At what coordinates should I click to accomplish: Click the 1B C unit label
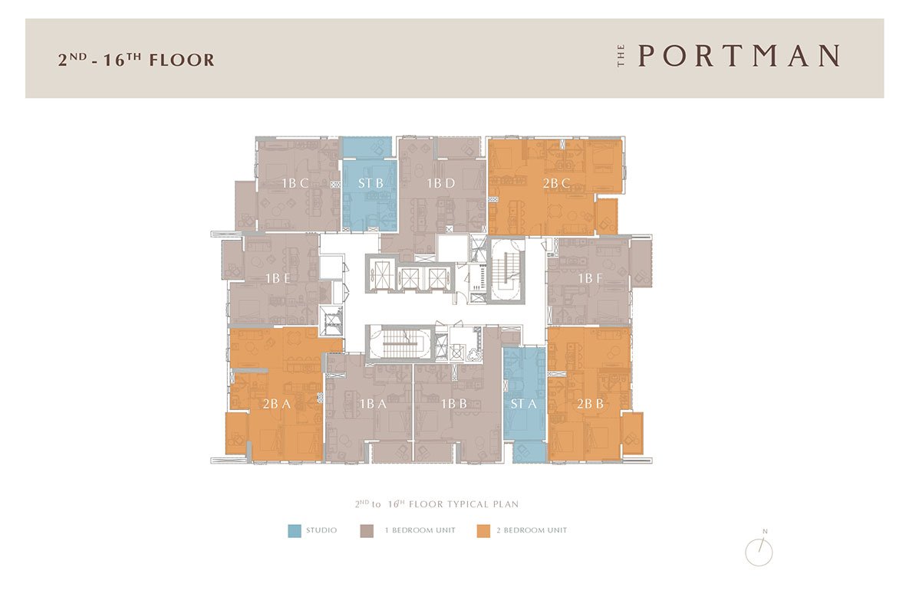(x=295, y=184)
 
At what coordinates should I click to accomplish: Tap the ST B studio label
(x=371, y=184)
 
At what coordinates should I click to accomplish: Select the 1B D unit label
(x=441, y=184)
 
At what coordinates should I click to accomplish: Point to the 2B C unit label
(x=556, y=184)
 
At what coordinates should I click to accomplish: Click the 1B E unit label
(x=278, y=278)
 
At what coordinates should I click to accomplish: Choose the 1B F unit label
(x=591, y=278)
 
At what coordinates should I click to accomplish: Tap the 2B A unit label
(x=277, y=404)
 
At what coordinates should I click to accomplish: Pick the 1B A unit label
(x=374, y=404)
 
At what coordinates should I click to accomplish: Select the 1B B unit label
(x=453, y=404)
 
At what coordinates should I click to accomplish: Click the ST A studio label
(x=523, y=404)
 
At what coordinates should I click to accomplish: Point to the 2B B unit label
(x=590, y=404)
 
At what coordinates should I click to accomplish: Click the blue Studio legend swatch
(x=295, y=531)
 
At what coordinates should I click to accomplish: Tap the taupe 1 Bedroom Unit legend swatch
(x=367, y=531)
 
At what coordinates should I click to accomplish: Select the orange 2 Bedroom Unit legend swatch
(x=483, y=531)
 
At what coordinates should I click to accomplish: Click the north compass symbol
(x=759, y=551)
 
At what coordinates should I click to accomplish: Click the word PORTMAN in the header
(x=739, y=56)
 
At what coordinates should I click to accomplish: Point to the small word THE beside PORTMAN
(x=621, y=56)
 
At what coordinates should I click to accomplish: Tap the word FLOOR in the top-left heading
(x=182, y=60)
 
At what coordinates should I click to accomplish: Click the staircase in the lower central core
(x=404, y=344)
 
